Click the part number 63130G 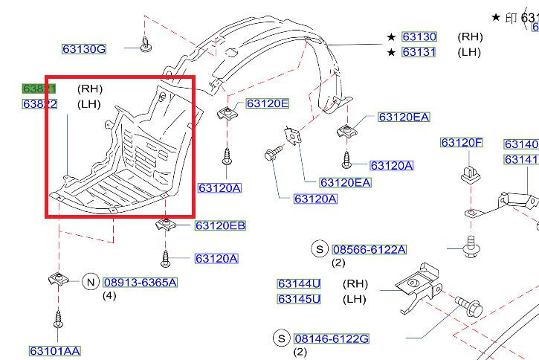(83, 50)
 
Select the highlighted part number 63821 (39, 89)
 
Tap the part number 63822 (39, 104)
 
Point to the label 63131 (419, 52)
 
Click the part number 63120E (267, 103)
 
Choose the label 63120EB (220, 225)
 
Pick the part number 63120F (462, 142)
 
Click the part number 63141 (520, 160)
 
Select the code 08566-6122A (369, 249)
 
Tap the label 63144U (299, 283)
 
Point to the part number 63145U (299, 299)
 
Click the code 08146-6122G (331, 339)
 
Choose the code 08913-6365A (140, 282)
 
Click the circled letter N (90, 281)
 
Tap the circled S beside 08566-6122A (320, 248)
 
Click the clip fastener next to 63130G (146, 45)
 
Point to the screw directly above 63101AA (57, 321)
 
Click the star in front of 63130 (391, 36)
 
